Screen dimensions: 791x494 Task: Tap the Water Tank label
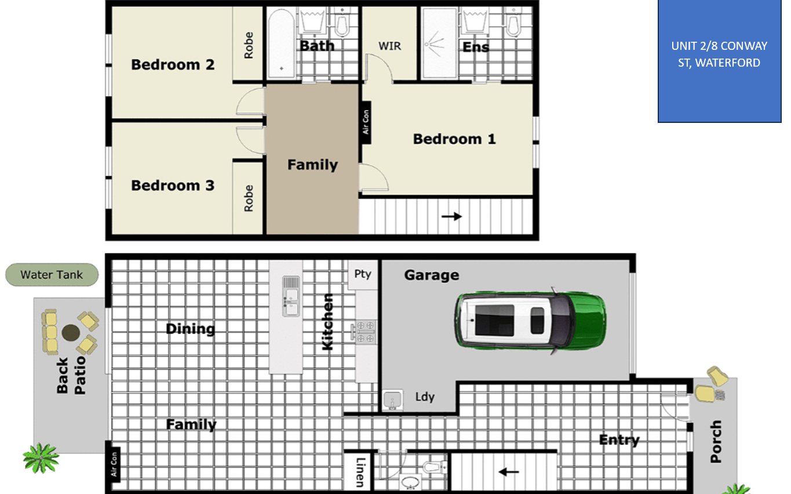pyautogui.click(x=52, y=275)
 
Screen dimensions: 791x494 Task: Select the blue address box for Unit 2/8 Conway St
pyautogui.click(x=719, y=61)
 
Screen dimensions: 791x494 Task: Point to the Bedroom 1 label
pyautogui.click(x=454, y=139)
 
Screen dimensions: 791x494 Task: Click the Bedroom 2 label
pyautogui.click(x=173, y=65)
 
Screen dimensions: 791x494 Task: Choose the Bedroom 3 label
pyautogui.click(x=173, y=186)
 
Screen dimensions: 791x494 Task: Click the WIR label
pyautogui.click(x=390, y=46)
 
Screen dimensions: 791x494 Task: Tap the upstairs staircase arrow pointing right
pyautogui.click(x=451, y=216)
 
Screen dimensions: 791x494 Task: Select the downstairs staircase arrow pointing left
pyautogui.click(x=509, y=471)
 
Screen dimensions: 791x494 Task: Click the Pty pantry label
pyautogui.click(x=363, y=274)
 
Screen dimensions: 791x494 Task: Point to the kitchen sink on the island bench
pyautogui.click(x=291, y=296)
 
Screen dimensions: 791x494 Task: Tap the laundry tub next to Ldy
pyautogui.click(x=393, y=400)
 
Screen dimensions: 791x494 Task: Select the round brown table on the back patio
pyautogui.click(x=71, y=332)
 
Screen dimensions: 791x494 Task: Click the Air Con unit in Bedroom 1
pyautogui.click(x=366, y=122)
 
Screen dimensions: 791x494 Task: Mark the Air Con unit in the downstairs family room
pyautogui.click(x=114, y=464)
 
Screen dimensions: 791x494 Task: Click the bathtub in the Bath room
pyautogui.click(x=281, y=43)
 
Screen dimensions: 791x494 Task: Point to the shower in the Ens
pyautogui.click(x=440, y=43)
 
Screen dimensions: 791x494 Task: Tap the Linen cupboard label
pyautogui.click(x=360, y=473)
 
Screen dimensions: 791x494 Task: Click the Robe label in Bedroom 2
pyautogui.click(x=249, y=45)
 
